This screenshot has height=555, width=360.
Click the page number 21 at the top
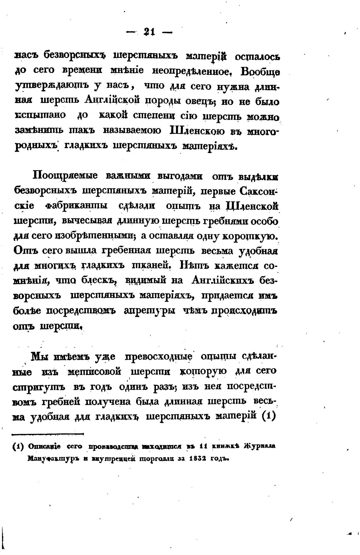149,32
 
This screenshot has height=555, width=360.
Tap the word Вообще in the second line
260,72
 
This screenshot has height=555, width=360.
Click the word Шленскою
197,130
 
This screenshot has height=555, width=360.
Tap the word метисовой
94,372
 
